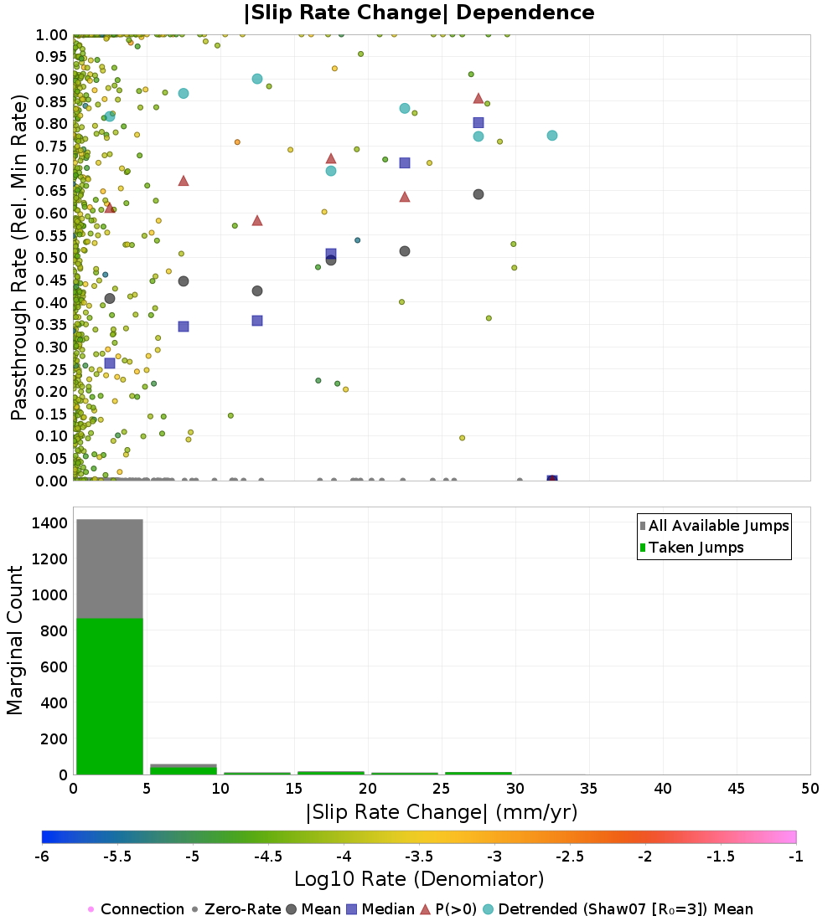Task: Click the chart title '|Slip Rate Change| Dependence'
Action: point(419,13)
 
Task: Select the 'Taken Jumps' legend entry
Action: point(696,548)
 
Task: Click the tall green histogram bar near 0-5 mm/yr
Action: point(110,695)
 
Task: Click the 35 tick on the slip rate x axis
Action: point(589,789)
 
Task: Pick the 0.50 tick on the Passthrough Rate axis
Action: point(52,258)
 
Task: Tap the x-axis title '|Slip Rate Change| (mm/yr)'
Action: point(442,812)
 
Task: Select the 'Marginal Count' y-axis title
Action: point(15,641)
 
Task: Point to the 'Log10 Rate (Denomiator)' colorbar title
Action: point(419,879)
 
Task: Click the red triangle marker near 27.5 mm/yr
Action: point(478,98)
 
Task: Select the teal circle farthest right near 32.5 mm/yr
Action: point(552,136)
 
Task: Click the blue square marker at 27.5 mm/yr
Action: point(478,122)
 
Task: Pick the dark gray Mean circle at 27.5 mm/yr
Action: point(478,194)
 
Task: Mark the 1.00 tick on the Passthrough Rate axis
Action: point(52,35)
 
